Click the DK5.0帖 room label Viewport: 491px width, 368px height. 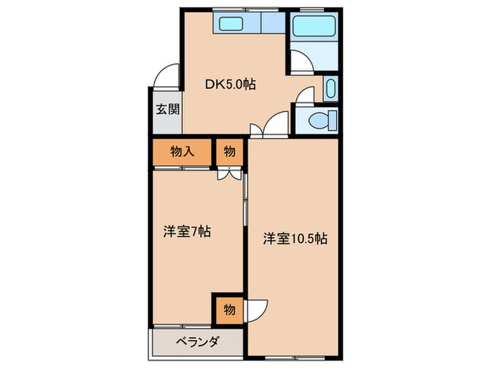click(x=230, y=85)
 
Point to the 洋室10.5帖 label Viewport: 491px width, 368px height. click(x=295, y=238)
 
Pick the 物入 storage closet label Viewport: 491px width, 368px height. click(x=181, y=151)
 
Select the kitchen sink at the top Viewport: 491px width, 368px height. click(x=231, y=24)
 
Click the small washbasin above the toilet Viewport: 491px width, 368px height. click(x=331, y=90)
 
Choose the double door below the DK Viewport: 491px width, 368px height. click(x=268, y=126)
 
